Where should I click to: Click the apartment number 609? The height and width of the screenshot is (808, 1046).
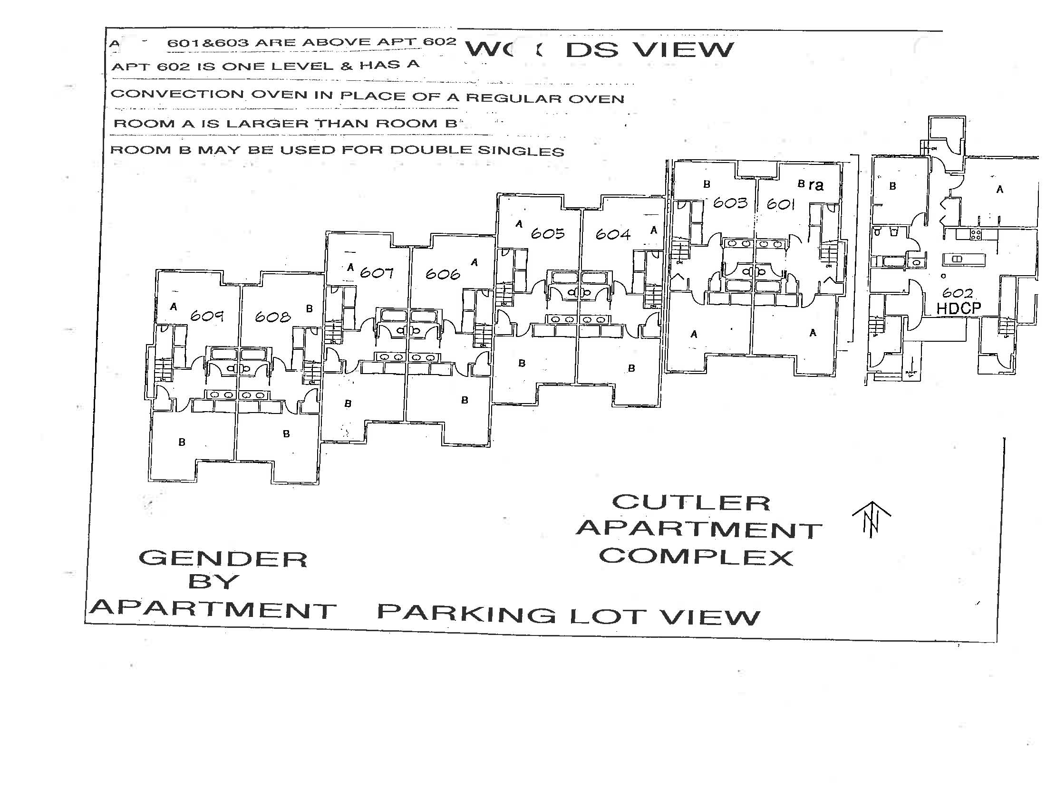[207, 316]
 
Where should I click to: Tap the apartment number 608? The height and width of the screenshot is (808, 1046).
[272, 317]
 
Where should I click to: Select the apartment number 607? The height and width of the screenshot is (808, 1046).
[377, 273]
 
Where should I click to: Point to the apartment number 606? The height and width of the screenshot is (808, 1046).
[443, 274]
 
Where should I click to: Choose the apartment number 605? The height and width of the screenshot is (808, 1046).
[548, 233]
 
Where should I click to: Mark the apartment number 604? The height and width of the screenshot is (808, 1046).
[613, 234]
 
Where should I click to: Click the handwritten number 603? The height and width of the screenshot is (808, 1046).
[730, 203]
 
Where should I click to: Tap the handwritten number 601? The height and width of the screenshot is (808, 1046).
[781, 204]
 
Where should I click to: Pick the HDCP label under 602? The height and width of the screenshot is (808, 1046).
[959, 309]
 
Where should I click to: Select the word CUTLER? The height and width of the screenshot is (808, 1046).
[691, 502]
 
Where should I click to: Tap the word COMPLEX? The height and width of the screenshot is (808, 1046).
[696, 557]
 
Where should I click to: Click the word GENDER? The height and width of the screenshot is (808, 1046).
[223, 559]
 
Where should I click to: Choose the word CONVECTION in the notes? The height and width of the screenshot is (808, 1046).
[178, 94]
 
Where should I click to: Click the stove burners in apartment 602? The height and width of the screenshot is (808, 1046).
[976, 234]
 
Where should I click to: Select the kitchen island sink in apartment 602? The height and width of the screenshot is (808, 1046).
[958, 260]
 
